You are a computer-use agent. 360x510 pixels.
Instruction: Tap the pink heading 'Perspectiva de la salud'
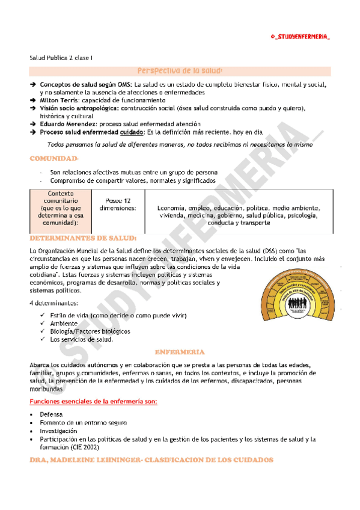(180, 71)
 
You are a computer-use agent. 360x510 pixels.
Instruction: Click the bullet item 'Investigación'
(59, 431)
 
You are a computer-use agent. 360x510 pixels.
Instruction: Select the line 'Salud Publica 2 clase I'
(61, 58)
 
